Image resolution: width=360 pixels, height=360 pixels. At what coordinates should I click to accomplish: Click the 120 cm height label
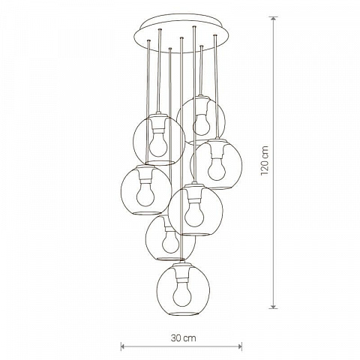click(x=265, y=160)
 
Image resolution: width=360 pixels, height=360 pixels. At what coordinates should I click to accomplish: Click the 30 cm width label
click(x=184, y=338)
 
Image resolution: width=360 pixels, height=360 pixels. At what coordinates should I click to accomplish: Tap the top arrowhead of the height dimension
click(x=274, y=18)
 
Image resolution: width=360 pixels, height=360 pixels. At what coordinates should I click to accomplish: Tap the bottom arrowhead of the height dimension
click(x=274, y=307)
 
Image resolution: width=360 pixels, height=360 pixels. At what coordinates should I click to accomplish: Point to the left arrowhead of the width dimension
click(x=122, y=346)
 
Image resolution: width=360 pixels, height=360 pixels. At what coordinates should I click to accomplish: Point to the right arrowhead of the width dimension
click(x=240, y=346)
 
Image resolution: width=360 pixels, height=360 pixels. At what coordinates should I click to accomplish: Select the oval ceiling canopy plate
click(x=181, y=34)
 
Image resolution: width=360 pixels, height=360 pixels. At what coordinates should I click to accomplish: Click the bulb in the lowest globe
click(x=183, y=294)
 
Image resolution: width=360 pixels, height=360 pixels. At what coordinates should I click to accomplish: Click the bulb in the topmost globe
click(x=202, y=124)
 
